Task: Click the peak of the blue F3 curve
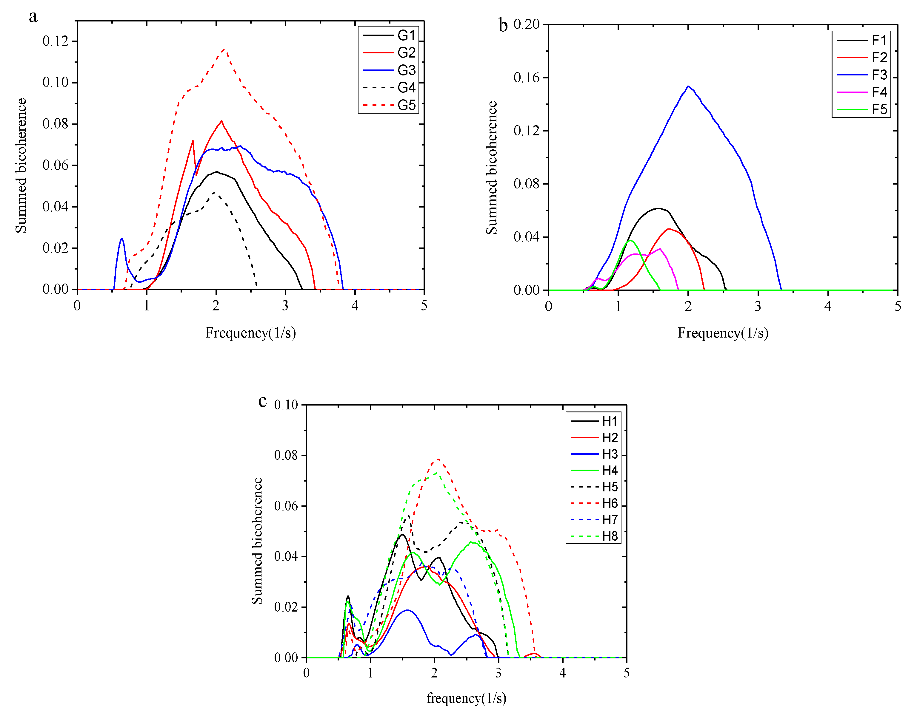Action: point(688,86)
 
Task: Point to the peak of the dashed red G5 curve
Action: point(224,49)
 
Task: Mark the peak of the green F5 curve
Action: point(630,241)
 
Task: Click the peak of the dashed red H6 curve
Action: point(438,459)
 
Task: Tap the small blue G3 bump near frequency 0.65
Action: point(122,239)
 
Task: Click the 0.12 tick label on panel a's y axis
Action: point(55,41)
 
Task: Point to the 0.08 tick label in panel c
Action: point(286,456)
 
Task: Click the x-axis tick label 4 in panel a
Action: point(355,306)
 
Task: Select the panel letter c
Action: point(262,401)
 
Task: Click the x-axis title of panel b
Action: point(723,333)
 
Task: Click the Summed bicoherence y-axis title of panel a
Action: point(21,165)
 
